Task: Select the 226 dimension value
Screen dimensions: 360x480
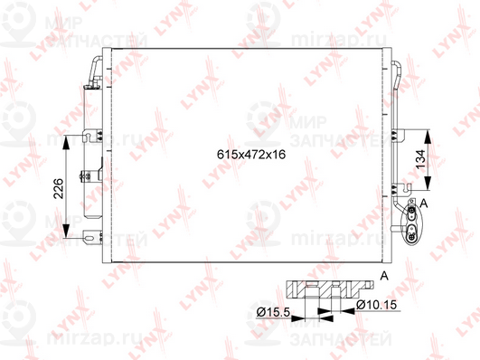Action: click(57, 187)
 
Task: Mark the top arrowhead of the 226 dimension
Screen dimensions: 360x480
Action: click(71, 142)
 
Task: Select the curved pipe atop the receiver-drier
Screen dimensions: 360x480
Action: click(93, 68)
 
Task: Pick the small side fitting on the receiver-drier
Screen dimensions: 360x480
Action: click(83, 175)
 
